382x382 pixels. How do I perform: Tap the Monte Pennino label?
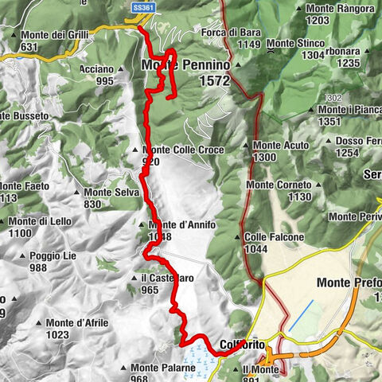point(185,64)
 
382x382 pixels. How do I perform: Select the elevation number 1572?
point(215,81)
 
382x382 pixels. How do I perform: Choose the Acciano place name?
point(96,69)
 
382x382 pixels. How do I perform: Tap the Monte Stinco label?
point(295,42)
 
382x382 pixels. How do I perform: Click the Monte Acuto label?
point(281,146)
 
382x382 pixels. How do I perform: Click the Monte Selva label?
point(109,192)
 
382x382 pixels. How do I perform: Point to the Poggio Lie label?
point(55,257)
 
